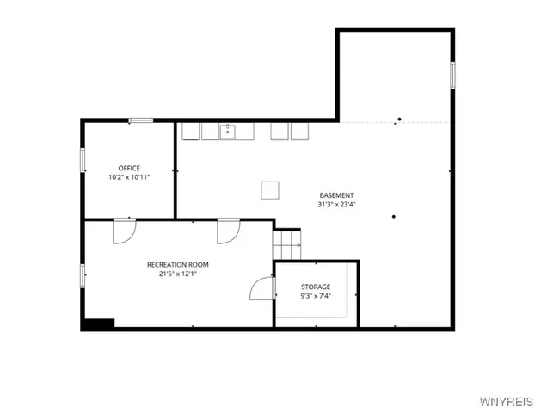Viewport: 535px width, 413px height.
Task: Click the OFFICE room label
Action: [129, 168]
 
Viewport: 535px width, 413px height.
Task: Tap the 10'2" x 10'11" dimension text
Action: [129, 177]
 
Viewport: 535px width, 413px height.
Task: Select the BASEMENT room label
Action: [336, 195]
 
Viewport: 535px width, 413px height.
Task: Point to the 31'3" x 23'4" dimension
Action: [336, 205]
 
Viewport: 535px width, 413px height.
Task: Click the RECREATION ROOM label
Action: [178, 264]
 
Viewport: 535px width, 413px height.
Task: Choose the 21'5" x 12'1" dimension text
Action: [178, 274]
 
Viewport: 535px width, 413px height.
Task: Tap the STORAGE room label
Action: [316, 286]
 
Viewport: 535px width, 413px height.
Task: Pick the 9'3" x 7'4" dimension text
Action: [316, 296]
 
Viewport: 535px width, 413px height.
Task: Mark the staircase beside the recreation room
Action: [287, 243]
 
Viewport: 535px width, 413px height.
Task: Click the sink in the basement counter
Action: [229, 131]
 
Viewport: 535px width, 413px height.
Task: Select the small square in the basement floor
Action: [271, 189]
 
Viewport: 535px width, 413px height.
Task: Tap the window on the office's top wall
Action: [140, 120]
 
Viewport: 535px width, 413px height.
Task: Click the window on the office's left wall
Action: [83, 159]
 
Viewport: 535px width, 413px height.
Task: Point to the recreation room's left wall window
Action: [83, 275]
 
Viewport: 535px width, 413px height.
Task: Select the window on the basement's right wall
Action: [452, 74]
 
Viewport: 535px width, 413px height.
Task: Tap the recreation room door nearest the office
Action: [124, 231]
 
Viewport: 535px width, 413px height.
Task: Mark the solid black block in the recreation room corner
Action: [98, 324]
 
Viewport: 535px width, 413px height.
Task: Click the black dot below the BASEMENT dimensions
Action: [393, 216]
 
